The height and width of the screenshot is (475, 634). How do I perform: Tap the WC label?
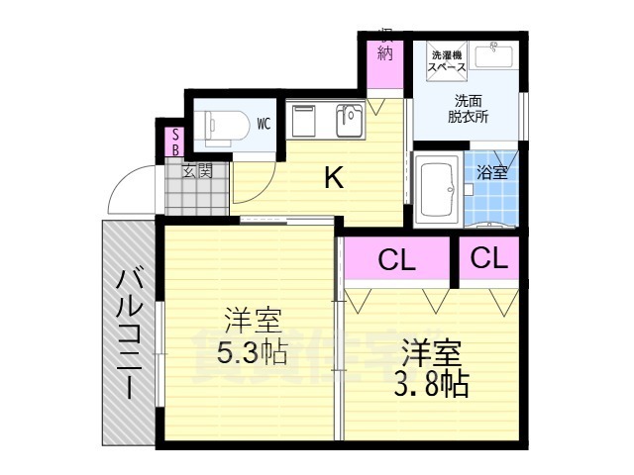(264, 124)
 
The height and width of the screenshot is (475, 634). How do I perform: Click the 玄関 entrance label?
(197, 170)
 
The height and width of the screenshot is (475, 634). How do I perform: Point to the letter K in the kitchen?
(334, 178)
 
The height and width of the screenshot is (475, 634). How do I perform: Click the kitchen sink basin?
(350, 121)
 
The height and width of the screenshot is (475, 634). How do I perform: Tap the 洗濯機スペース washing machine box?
(448, 61)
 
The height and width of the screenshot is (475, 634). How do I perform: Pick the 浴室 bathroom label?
(491, 172)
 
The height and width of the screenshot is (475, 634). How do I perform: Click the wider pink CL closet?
(397, 260)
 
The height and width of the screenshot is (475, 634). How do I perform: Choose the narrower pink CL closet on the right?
(489, 258)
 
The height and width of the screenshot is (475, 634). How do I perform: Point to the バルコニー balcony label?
(128, 333)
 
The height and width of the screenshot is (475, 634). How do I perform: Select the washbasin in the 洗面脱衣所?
(493, 56)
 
